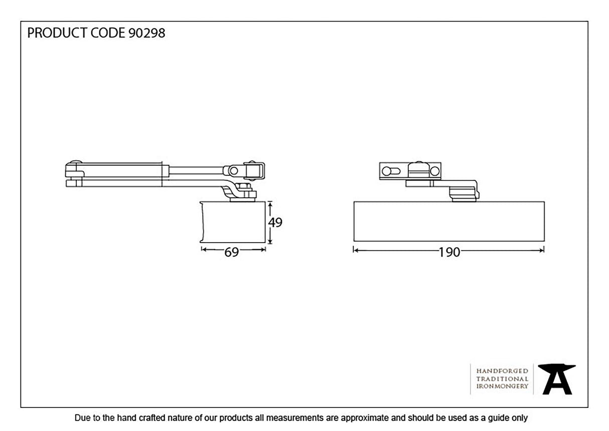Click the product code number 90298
click(x=146, y=34)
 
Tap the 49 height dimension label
click(x=275, y=223)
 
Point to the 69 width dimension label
click(x=231, y=252)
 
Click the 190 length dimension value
click(x=449, y=253)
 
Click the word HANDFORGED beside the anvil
click(x=502, y=370)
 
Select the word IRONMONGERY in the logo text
click(x=502, y=386)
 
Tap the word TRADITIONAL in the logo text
click(x=502, y=378)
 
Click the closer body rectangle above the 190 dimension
click(x=449, y=221)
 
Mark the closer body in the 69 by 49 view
click(x=233, y=222)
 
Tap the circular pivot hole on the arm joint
click(x=233, y=170)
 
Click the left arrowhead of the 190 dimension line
click(x=356, y=250)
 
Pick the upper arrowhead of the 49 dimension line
click(x=270, y=204)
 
